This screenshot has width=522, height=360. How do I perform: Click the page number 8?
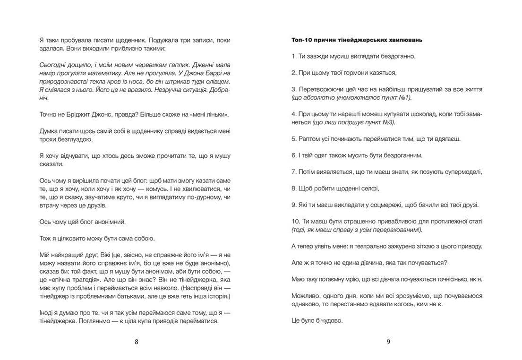click(137, 343)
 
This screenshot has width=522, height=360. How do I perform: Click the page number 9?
click(388, 343)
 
